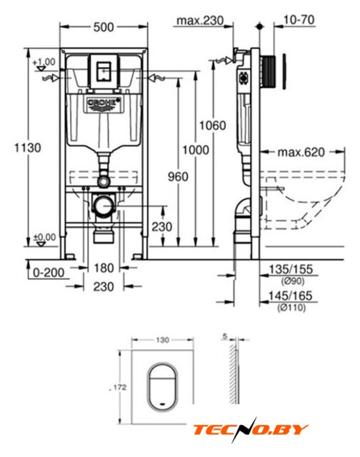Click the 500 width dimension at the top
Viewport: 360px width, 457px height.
point(104,27)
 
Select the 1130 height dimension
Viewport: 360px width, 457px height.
point(28,148)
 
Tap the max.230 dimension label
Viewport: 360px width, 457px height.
point(200,21)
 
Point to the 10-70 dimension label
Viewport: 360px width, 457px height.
point(299,20)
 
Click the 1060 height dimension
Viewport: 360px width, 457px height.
point(213,126)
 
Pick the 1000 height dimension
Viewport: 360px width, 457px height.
point(196,150)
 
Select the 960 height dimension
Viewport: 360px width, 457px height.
point(178,176)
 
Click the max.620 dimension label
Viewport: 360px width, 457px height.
point(301,152)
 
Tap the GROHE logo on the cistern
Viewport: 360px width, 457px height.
point(104,103)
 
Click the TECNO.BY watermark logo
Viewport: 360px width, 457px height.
point(251,430)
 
